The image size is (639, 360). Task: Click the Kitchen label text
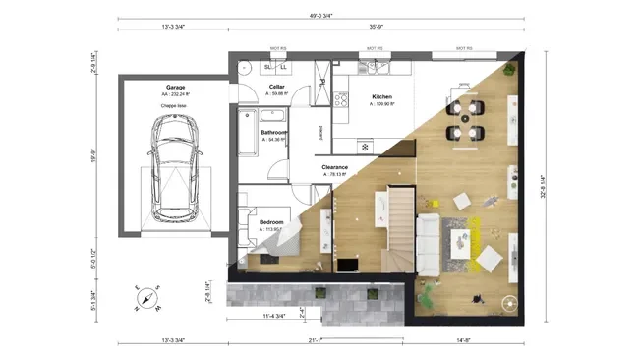(x=381, y=97)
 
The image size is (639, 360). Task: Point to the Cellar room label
(x=277, y=87)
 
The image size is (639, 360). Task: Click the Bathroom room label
(x=273, y=132)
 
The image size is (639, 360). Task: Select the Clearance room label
(x=335, y=167)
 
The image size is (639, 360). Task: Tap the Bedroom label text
(x=271, y=223)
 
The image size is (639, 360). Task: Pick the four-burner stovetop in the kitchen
(x=341, y=99)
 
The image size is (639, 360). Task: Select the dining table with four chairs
(x=464, y=117)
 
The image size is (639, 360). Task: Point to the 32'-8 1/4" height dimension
(x=541, y=187)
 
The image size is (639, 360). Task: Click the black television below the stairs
(x=346, y=264)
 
